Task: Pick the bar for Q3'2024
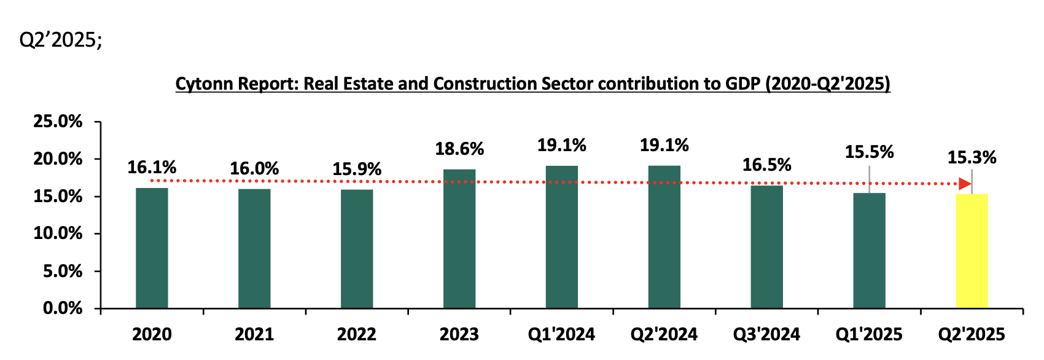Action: [x=766, y=246]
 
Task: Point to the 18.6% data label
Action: [x=459, y=149]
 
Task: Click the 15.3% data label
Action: [x=972, y=158]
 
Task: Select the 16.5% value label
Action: [x=766, y=165]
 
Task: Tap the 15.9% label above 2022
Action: [x=357, y=169]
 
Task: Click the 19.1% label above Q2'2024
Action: [x=664, y=146]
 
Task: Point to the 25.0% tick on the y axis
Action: [x=58, y=122]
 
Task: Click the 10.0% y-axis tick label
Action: [x=58, y=233]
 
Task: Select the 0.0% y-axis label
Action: [x=62, y=308]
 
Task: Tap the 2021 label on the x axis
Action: [x=254, y=335]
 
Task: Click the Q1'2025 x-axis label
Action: [x=869, y=335]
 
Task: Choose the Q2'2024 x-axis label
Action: [x=664, y=335]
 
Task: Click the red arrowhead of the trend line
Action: [x=965, y=184]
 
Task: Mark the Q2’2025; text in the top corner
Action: [x=61, y=40]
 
